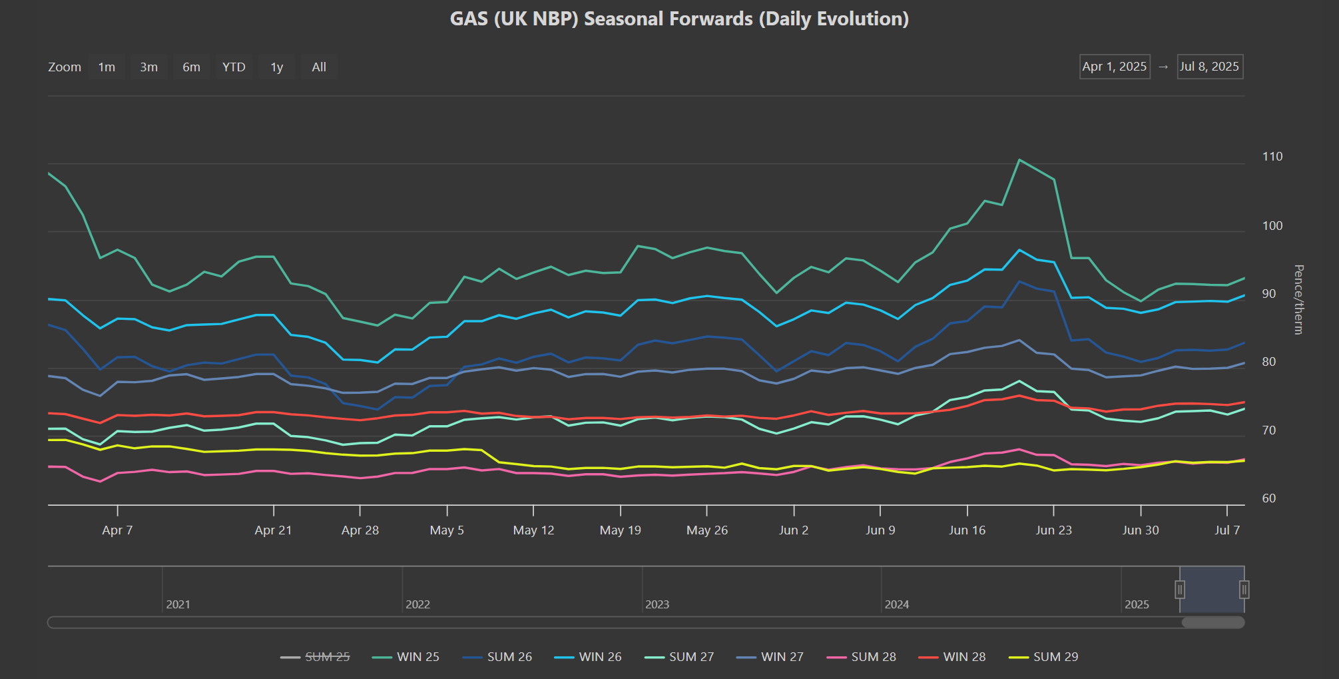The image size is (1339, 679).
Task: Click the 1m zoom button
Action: (107, 67)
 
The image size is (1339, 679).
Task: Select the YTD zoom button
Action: (234, 67)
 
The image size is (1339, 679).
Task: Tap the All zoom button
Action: (319, 67)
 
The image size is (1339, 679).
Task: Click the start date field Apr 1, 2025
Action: (1115, 67)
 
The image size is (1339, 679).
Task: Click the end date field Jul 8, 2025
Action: (1210, 67)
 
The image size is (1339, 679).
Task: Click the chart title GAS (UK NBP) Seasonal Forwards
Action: (601, 19)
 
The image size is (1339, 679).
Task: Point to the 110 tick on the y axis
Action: (1272, 157)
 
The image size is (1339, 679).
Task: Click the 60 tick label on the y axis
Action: (1269, 498)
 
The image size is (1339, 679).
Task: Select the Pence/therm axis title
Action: (1298, 300)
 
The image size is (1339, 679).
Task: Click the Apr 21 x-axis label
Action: (273, 530)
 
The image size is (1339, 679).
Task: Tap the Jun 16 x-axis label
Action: (967, 530)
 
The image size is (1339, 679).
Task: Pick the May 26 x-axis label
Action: (707, 530)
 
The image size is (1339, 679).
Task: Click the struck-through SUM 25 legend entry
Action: (316, 657)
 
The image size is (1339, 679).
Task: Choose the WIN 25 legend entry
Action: (406, 657)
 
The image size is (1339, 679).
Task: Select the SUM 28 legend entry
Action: (862, 657)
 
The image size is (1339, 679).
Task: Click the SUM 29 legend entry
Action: (1043, 657)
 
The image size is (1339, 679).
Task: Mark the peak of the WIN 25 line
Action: (1019, 160)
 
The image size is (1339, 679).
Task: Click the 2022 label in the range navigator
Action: (417, 604)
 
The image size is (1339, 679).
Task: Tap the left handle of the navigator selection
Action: (1180, 590)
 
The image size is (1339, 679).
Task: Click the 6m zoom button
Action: (191, 67)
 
